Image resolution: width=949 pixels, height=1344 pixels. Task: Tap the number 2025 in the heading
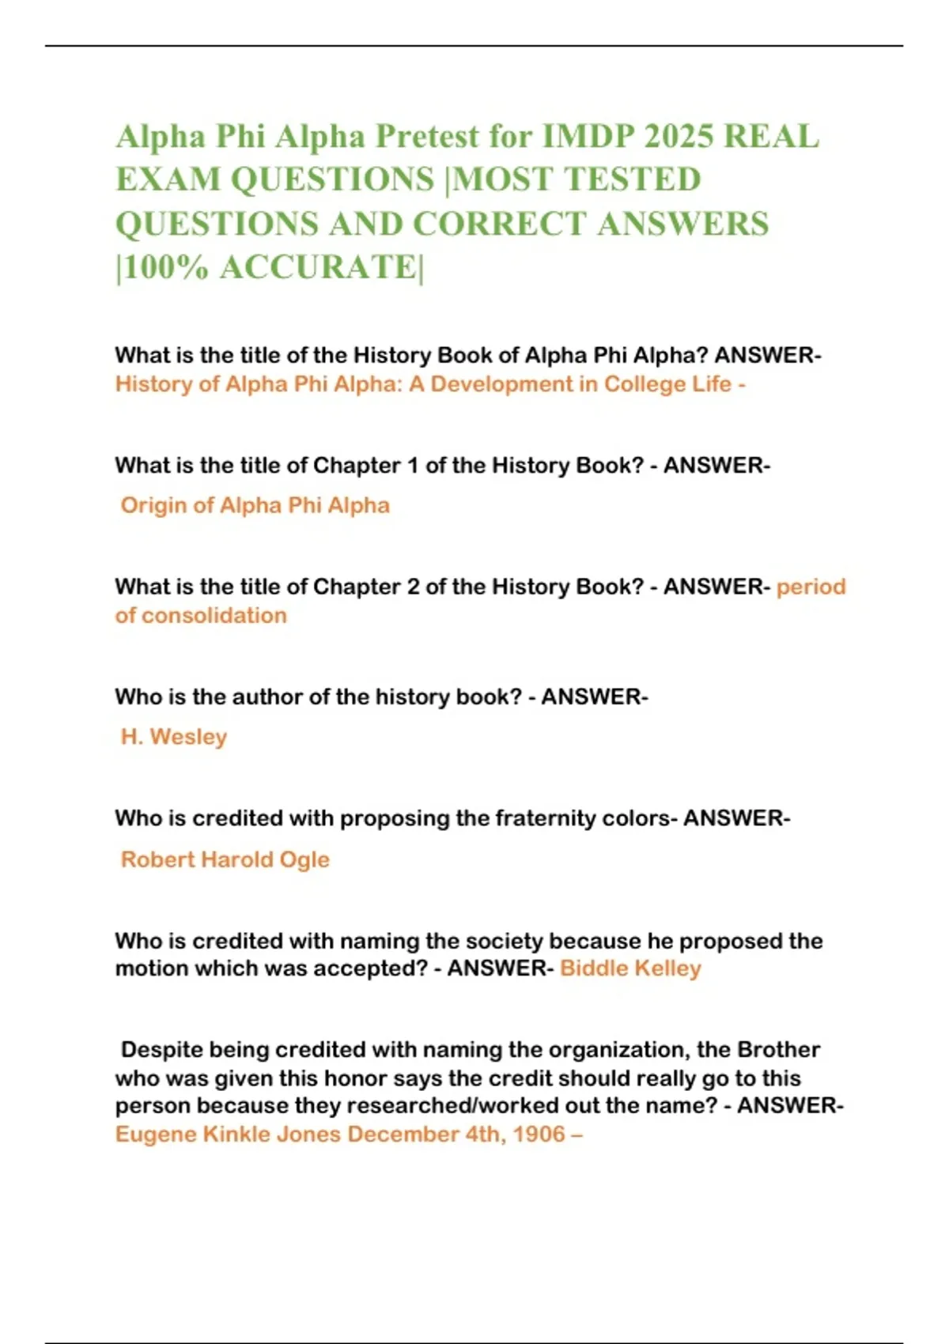point(679,137)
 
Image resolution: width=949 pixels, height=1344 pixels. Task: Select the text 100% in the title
point(166,267)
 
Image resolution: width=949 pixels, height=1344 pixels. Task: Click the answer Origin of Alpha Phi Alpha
point(255,505)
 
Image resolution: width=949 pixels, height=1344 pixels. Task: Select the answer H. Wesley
point(174,737)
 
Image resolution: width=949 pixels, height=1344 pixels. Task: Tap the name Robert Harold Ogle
point(225,859)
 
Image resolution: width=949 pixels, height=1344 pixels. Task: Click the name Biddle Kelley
point(630,968)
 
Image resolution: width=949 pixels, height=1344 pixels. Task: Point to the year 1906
point(539,1134)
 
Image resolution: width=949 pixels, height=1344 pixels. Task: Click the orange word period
point(811,587)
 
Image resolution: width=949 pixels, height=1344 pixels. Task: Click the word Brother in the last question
point(778,1050)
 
